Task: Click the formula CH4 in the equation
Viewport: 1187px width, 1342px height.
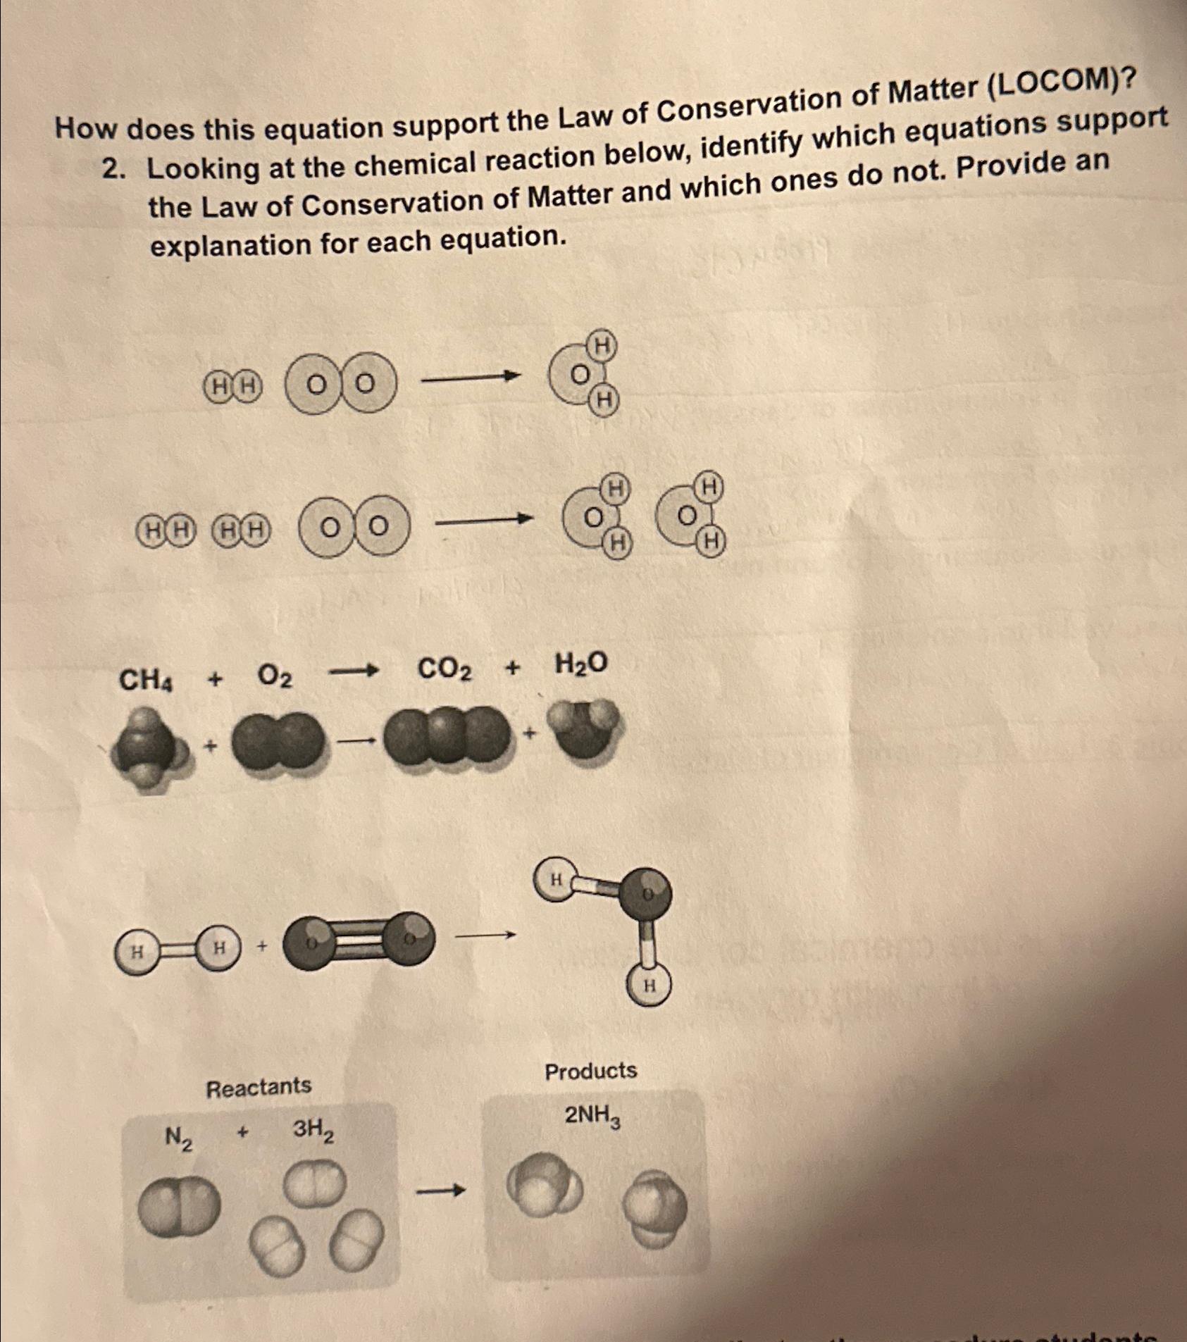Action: (146, 681)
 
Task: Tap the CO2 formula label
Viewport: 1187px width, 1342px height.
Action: (445, 669)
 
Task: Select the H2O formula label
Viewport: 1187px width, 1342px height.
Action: (580, 664)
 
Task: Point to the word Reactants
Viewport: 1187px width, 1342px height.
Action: (258, 1087)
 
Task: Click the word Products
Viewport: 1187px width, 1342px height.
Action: (590, 1071)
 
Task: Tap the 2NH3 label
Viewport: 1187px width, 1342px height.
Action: (593, 1117)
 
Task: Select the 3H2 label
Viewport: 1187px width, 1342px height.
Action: (313, 1130)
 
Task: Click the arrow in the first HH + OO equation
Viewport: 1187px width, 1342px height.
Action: (470, 380)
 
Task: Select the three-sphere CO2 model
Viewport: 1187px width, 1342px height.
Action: (445, 737)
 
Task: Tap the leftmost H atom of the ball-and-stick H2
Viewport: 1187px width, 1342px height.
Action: (137, 952)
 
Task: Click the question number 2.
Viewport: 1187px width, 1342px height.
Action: (112, 170)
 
